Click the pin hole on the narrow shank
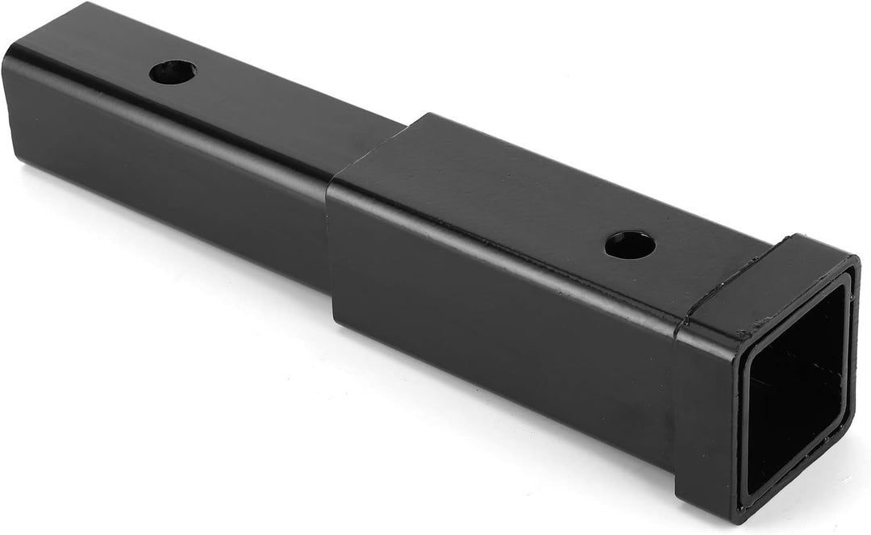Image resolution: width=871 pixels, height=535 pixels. [173, 72]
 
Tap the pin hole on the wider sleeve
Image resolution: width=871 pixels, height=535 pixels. [630, 245]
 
